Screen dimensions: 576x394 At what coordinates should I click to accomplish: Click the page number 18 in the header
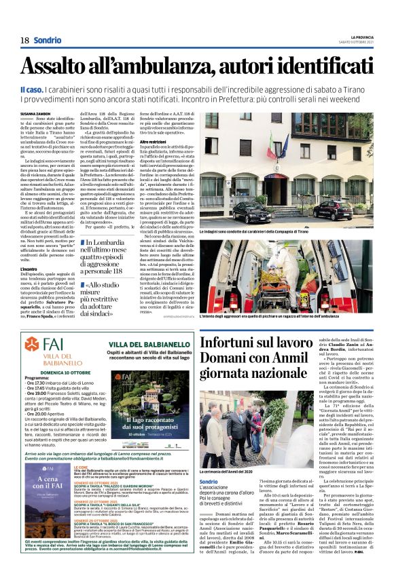pyautogui.click(x=24, y=40)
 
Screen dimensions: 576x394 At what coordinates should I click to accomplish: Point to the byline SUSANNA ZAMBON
pyautogui.click(x=35, y=114)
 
